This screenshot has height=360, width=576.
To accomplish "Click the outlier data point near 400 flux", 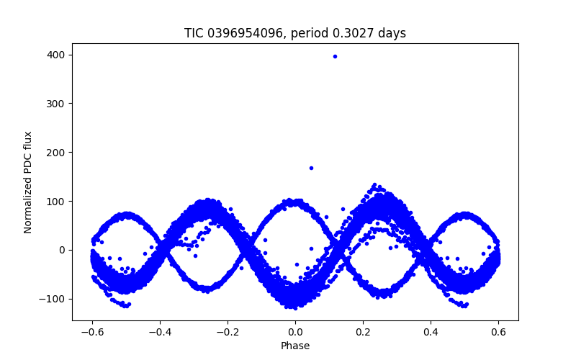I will click(335, 56).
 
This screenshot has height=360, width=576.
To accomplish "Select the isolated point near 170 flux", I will click(311, 168).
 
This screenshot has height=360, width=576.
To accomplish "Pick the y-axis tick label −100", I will click(55, 299).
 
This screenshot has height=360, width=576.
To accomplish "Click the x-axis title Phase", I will click(295, 346).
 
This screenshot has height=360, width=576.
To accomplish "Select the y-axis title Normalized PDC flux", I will click(28, 182).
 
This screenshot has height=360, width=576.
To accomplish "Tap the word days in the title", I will click(393, 33).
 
